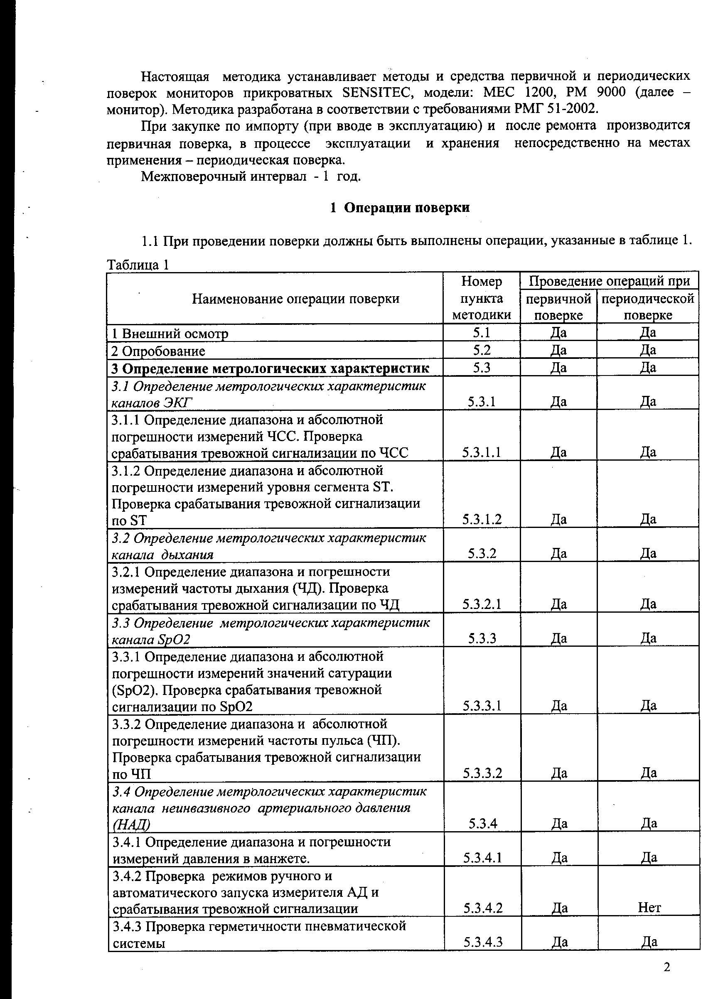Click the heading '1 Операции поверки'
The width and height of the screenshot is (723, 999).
point(400,208)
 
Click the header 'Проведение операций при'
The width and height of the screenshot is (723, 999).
point(609,281)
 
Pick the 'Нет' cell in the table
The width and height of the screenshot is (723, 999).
point(649,907)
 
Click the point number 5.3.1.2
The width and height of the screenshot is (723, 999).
point(482,519)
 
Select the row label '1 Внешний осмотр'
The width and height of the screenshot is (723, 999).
point(170,334)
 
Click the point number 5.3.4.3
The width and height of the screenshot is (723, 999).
point(483,942)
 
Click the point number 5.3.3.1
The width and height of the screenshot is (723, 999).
point(482,706)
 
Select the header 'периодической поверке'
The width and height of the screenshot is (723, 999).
point(648,307)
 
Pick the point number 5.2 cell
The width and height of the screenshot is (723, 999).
point(482,350)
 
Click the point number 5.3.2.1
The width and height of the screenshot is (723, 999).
point(482,604)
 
